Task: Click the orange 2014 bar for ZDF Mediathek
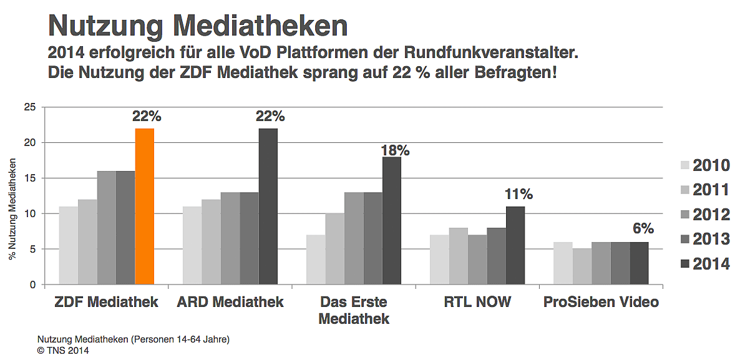point(145,207)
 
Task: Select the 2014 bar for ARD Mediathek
point(268,207)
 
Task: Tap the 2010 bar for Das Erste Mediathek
point(315,260)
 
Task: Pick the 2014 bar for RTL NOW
point(515,245)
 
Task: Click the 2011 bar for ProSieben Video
point(582,266)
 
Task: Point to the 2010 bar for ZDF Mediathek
point(68,245)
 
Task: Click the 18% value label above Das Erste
point(394,150)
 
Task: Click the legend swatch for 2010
point(684,165)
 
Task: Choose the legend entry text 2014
point(711,264)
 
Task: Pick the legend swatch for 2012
point(684,215)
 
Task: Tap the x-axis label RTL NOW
point(477,303)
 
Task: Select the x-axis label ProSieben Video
point(601,303)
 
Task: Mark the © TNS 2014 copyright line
point(63,351)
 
